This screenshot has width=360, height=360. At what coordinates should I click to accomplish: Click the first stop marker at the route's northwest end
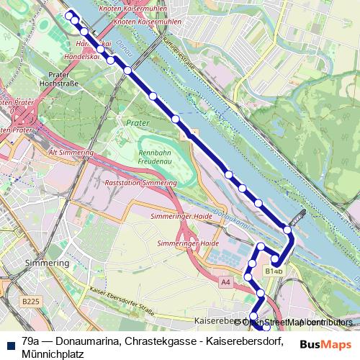[x=70, y=15]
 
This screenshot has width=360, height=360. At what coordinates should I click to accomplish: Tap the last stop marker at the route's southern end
[x=267, y=328]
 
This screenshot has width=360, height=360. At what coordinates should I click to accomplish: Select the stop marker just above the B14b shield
[x=275, y=260]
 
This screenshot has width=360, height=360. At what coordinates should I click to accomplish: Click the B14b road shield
[x=273, y=271]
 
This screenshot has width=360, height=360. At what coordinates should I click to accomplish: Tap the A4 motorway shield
[x=227, y=282]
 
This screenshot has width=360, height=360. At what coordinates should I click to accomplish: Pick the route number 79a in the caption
[x=31, y=341]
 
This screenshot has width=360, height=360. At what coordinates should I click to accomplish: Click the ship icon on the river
[x=299, y=214]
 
